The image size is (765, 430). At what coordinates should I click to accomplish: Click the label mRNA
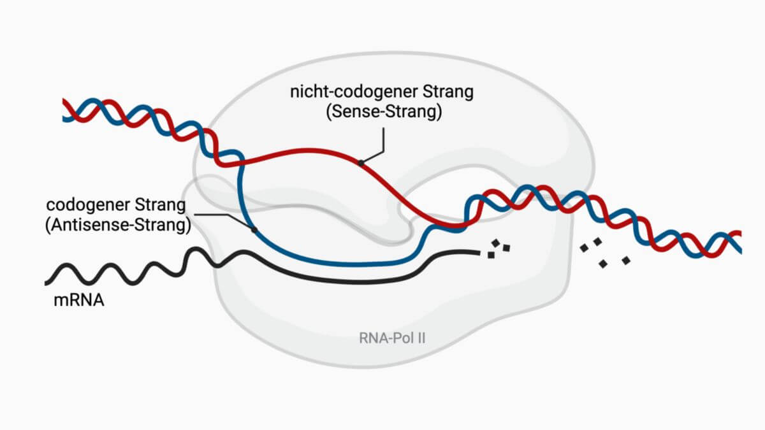[x=78, y=298]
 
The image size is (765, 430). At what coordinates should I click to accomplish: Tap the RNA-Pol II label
[x=392, y=336]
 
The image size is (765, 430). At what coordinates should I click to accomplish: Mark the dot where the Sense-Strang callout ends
[x=361, y=163]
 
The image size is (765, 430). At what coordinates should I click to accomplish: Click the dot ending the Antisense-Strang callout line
[x=254, y=229]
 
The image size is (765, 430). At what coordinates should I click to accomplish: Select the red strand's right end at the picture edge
[x=739, y=233]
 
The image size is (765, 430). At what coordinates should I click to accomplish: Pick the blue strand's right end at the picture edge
[x=739, y=248]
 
